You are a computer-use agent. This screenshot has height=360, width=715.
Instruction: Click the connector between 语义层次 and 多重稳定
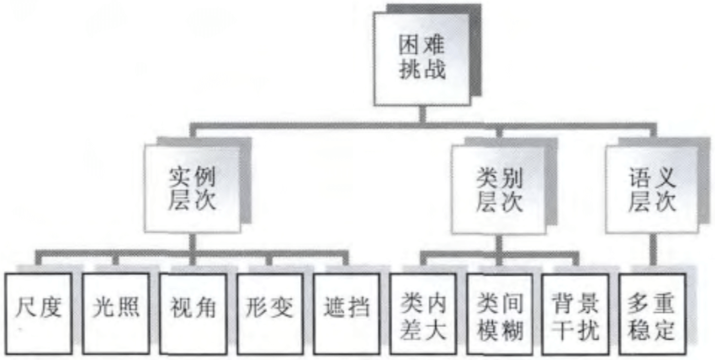[652, 252]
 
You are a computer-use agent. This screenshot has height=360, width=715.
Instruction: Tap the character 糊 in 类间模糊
[512, 330]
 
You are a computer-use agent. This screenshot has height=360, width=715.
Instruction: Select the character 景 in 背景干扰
[588, 301]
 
